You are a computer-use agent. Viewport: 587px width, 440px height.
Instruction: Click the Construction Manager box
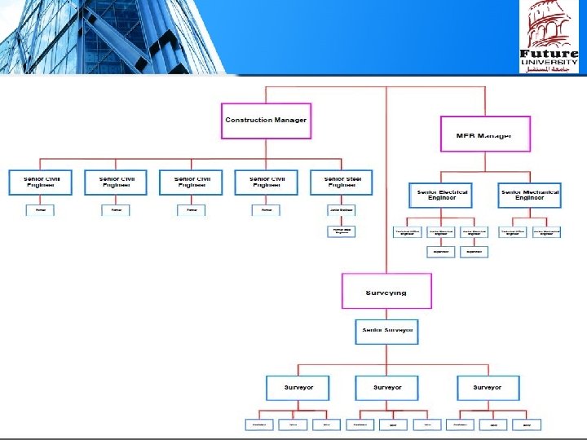click(x=266, y=121)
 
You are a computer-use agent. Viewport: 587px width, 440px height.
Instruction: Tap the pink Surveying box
click(x=386, y=292)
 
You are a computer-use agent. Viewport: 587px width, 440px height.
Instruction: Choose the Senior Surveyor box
click(x=386, y=331)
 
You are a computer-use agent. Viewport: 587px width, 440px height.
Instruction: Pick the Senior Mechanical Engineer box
click(x=530, y=196)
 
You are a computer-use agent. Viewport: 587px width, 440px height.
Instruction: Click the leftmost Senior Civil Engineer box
click(x=41, y=183)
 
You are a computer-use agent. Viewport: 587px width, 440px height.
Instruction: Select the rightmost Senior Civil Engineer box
click(x=267, y=183)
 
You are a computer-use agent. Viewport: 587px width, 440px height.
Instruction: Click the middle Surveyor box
click(x=386, y=387)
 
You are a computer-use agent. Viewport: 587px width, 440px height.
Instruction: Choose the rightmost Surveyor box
click(x=488, y=387)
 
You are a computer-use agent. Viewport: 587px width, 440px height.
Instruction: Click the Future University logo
click(x=549, y=37)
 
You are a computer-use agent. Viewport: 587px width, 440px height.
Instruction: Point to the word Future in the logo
click(x=549, y=55)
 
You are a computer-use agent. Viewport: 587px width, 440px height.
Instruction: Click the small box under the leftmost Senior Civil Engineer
click(x=41, y=209)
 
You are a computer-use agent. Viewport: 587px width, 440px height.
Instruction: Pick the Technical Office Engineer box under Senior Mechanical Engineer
click(x=513, y=232)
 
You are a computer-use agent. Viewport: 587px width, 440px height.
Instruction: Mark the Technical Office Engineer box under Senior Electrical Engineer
click(x=408, y=232)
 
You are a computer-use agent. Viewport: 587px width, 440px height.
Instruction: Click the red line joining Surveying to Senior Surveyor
click(x=386, y=314)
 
